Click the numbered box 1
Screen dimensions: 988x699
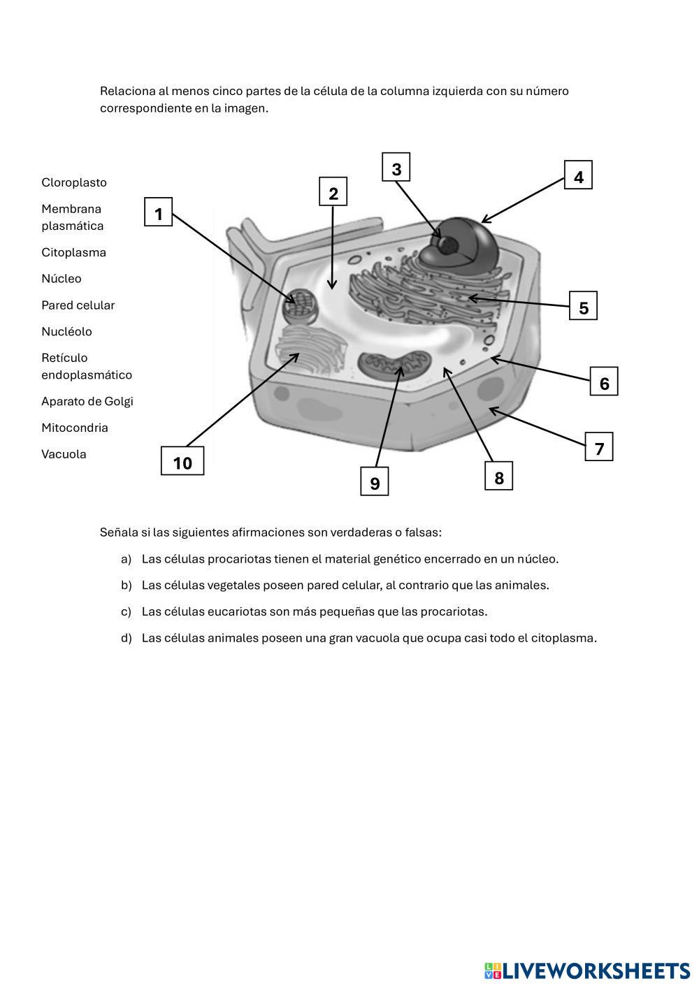[x=159, y=212]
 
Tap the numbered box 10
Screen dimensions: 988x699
[x=182, y=461]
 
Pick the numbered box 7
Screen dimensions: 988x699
[x=599, y=447]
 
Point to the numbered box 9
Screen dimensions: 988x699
[x=375, y=482]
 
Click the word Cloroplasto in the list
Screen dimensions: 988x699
[x=74, y=182]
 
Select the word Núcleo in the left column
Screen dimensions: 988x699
[x=62, y=279]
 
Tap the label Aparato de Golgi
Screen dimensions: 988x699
[x=87, y=401]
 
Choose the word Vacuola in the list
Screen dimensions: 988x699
[x=64, y=454]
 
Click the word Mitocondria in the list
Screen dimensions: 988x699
[x=75, y=428]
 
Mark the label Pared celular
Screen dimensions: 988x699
[x=78, y=305]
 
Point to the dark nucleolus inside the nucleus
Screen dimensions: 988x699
[x=447, y=245]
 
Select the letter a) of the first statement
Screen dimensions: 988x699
[x=126, y=559]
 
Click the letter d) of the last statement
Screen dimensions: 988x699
[x=126, y=638]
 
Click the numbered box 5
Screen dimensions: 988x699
[x=583, y=306]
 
